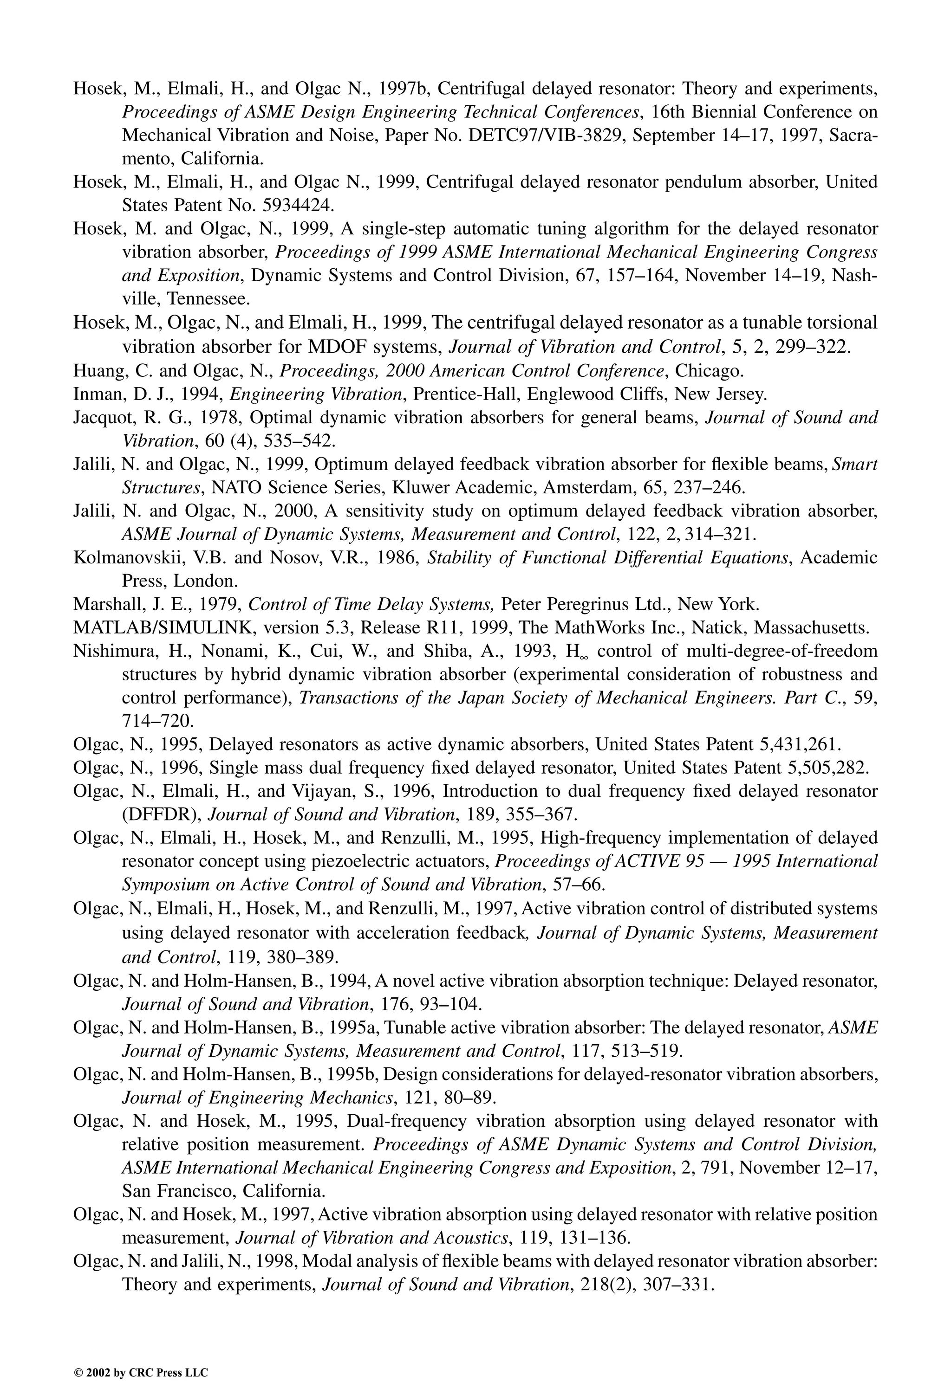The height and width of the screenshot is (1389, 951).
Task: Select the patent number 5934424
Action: [x=296, y=206]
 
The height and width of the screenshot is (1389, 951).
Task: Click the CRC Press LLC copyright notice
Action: [x=141, y=1372]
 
